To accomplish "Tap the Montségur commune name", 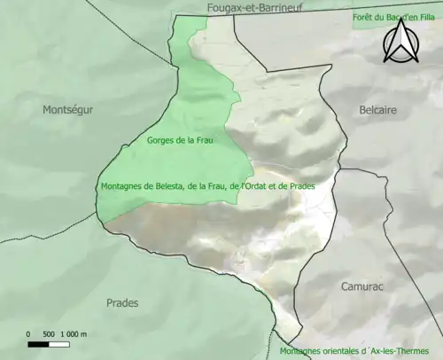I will (x=67, y=110).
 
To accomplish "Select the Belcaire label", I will (x=378, y=110).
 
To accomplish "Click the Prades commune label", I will (x=122, y=303).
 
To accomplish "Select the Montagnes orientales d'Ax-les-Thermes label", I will (x=361, y=351).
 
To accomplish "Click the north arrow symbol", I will (x=400, y=42).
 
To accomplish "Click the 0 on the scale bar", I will (x=28, y=334).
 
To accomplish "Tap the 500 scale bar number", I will (x=50, y=334).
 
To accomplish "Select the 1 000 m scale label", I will (x=74, y=334).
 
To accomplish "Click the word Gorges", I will (x=161, y=140).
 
